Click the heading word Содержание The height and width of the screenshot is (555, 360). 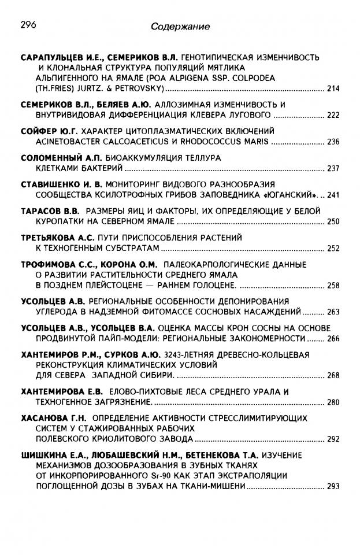point(180,27)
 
